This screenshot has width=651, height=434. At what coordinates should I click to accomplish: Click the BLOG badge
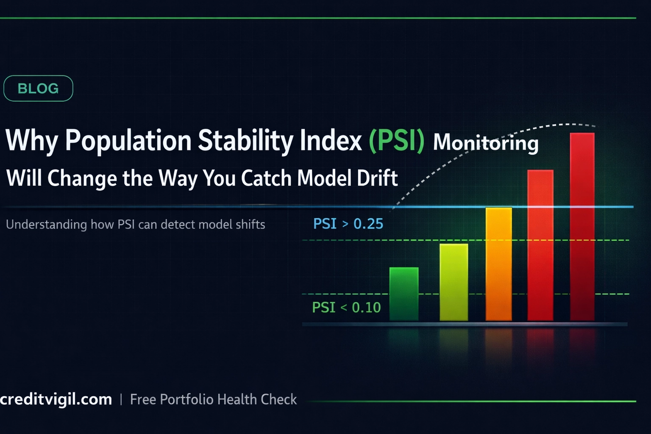point(38,88)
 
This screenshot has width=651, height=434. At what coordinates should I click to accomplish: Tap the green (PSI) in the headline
point(396,140)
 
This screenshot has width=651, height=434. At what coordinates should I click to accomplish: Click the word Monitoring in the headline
point(486,142)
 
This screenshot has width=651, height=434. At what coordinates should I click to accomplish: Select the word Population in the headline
point(128,140)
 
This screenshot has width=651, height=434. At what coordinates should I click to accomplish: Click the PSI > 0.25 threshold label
point(348,224)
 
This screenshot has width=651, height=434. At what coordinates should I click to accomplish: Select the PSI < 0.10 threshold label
point(346,307)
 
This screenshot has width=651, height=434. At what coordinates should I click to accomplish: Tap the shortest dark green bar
point(403,294)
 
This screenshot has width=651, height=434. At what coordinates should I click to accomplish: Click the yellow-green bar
point(453,282)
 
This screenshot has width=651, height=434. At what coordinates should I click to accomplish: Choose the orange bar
point(498,264)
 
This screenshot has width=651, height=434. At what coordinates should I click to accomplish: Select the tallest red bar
point(582,227)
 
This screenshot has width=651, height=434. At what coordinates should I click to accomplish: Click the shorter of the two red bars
point(540,245)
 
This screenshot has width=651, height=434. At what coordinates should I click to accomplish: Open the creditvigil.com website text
point(56,399)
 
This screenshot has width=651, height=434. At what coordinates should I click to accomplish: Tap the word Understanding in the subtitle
point(46,224)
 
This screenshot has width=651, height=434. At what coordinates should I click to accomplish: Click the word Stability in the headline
point(245,140)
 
